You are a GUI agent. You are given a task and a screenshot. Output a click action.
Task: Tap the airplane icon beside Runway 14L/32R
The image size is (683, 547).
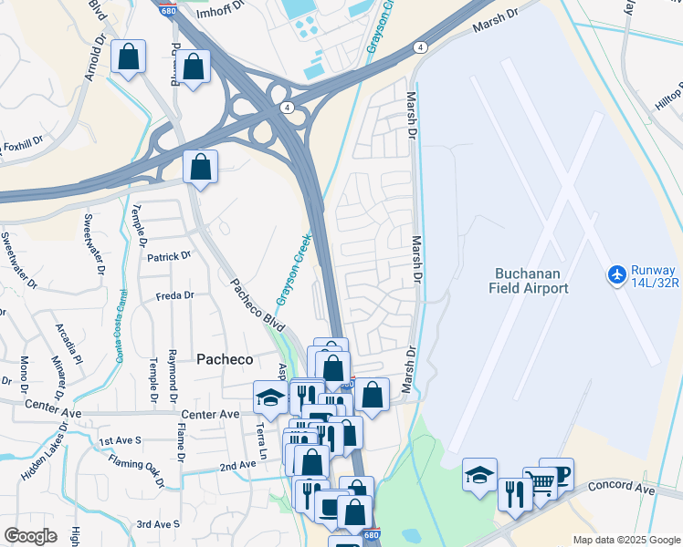617,274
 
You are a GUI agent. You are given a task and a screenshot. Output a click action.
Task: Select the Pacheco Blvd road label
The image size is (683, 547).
257,304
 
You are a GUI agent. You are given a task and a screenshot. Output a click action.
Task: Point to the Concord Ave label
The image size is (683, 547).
622,490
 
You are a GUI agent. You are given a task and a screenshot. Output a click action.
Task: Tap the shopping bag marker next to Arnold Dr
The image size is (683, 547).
129,57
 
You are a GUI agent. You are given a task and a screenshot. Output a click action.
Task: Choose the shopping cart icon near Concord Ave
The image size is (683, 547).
540,481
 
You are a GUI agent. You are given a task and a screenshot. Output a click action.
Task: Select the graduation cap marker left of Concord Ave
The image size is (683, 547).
479,475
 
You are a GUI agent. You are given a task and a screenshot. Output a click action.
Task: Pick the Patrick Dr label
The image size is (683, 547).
169,256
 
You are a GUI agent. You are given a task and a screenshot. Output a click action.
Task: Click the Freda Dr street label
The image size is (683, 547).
175,295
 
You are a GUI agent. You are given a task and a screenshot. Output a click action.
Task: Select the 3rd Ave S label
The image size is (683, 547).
157,524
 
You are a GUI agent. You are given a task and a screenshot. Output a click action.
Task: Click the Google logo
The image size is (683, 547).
30,536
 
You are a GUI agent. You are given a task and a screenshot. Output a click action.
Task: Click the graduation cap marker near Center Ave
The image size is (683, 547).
269,397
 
